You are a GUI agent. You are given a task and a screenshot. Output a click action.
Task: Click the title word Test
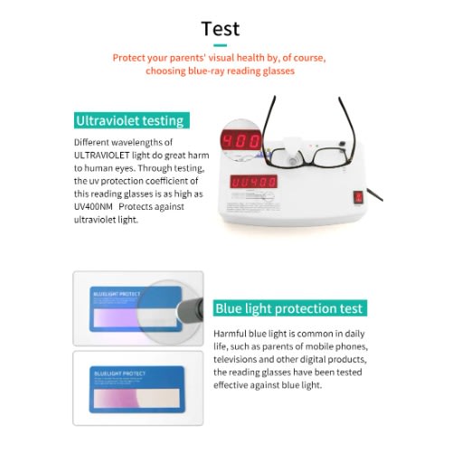tap(221, 29)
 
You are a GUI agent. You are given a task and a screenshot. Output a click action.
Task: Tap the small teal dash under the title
tap(220, 45)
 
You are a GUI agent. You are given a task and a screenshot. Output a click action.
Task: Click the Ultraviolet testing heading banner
tap(132, 120)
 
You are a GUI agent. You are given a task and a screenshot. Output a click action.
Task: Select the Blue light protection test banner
tap(290, 308)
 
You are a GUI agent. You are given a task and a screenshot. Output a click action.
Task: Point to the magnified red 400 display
tap(241, 141)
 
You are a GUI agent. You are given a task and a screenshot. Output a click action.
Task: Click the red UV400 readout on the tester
tap(254, 182)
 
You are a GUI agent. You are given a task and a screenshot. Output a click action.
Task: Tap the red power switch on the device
tap(359, 197)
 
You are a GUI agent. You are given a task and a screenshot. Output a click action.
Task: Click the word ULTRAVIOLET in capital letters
tap(102, 155)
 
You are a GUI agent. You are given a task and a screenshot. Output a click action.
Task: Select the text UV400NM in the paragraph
tap(93, 207)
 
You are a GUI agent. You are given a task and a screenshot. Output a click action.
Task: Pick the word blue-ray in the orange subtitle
tap(206, 71)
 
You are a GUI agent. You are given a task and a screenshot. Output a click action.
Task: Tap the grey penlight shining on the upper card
tap(191, 309)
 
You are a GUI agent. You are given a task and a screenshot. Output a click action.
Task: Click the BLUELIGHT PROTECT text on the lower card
tap(120, 373)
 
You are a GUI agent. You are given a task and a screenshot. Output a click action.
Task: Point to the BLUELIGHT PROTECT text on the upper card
tap(117, 294)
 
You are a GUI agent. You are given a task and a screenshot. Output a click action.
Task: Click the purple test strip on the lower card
tap(137, 398)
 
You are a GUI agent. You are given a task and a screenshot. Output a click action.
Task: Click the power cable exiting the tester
tap(374, 194)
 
